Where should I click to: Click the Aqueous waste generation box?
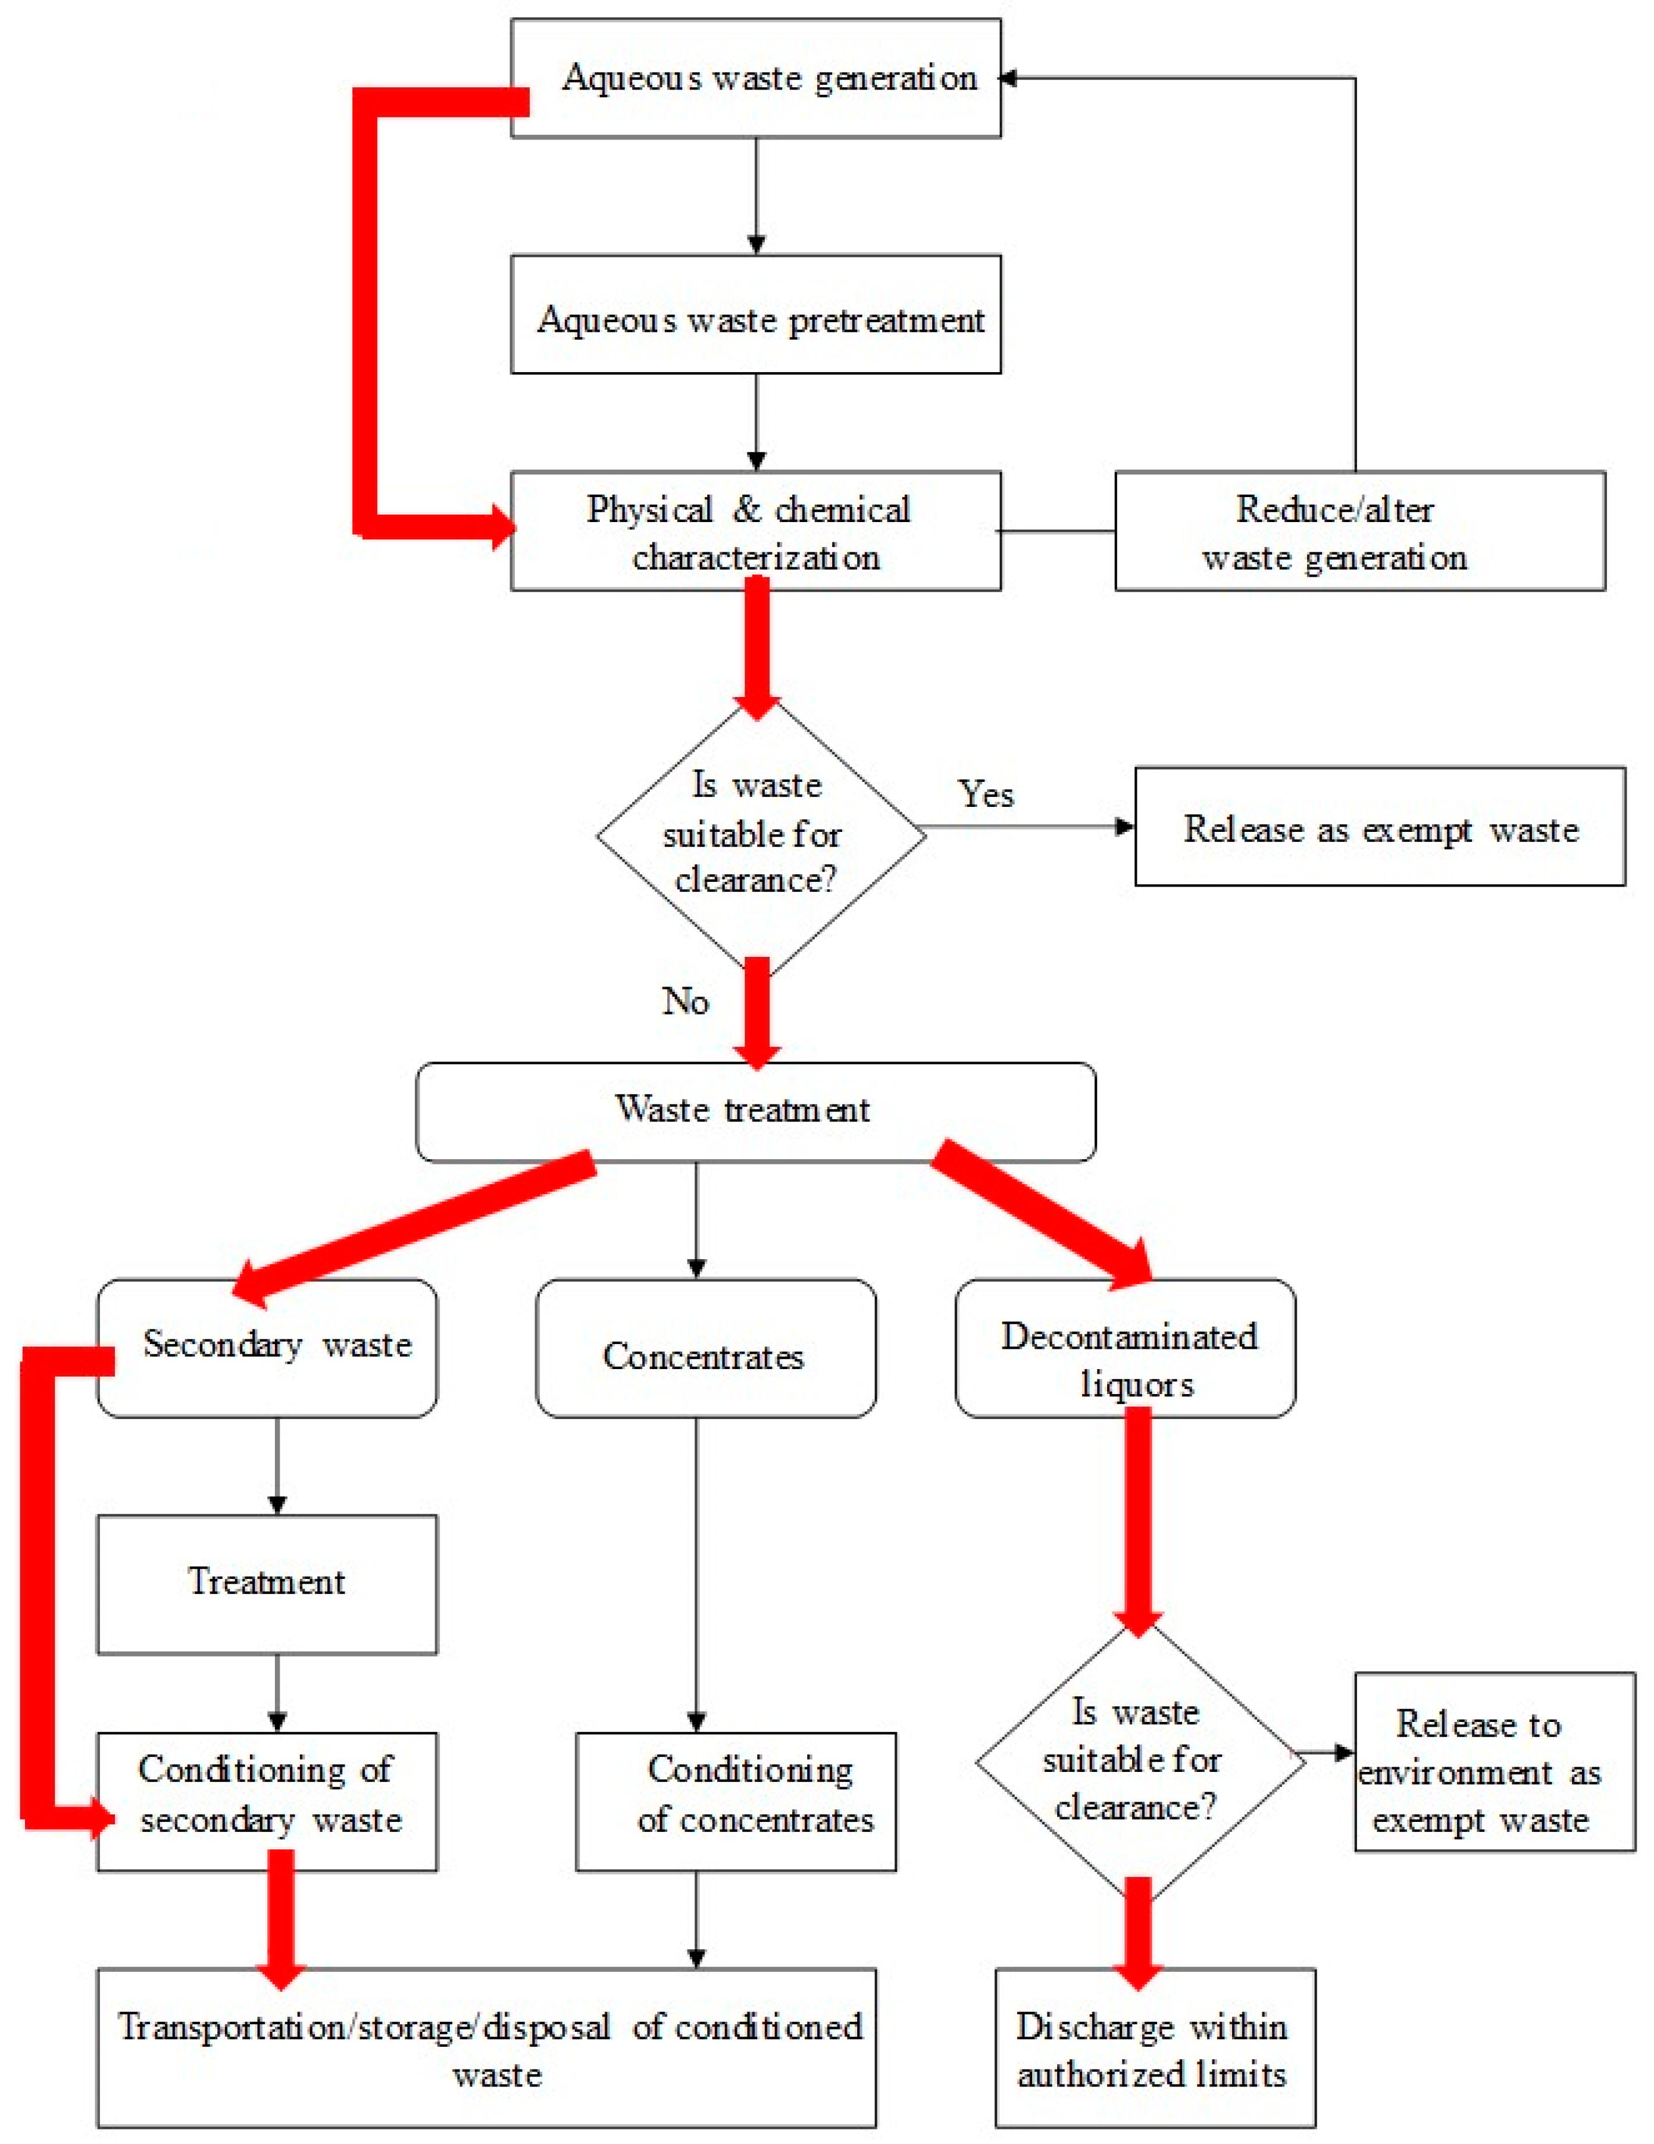pos(756,78)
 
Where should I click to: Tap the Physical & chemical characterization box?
pos(756,531)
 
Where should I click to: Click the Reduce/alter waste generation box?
pos(1359,531)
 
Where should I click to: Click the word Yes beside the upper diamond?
pos(986,793)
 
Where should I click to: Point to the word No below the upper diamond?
pos(685,1001)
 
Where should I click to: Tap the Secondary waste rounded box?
pos(267,1347)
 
